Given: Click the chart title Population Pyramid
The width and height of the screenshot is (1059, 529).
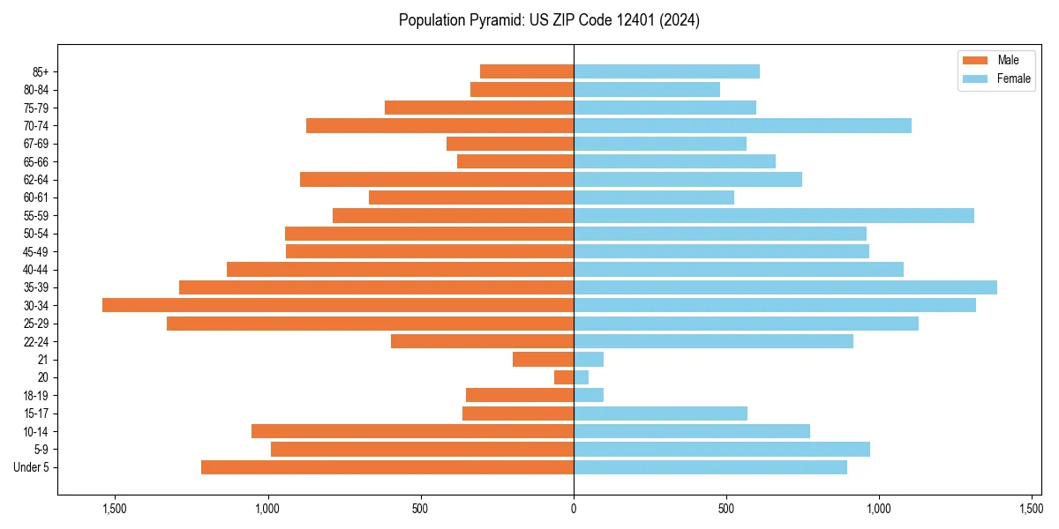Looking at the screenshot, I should pos(549,20).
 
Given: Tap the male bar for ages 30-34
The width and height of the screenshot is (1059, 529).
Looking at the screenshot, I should pos(338,305).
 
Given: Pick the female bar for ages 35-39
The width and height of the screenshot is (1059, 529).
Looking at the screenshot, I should pos(785,287).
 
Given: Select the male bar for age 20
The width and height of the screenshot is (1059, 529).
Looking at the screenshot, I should pos(564,377).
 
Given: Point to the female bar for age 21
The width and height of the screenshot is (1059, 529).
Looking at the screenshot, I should pos(589,359).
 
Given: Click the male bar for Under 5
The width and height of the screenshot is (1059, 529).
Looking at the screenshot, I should pos(387,467).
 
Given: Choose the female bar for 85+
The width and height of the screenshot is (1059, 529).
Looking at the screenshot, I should pos(666,71).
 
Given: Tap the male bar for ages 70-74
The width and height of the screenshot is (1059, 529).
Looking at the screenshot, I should pos(439,125).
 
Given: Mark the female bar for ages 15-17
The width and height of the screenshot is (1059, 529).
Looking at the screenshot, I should pos(660,414).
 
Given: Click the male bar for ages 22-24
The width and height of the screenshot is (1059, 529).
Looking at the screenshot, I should pos(482,341).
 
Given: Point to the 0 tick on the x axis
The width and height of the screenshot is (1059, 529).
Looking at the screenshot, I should pos(574,509).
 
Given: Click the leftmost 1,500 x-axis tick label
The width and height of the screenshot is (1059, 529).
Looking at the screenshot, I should pos(115,509).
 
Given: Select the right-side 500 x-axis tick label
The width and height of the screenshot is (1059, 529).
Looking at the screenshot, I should pos(726,509).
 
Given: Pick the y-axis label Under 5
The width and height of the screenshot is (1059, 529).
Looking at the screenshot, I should pos(31,467).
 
